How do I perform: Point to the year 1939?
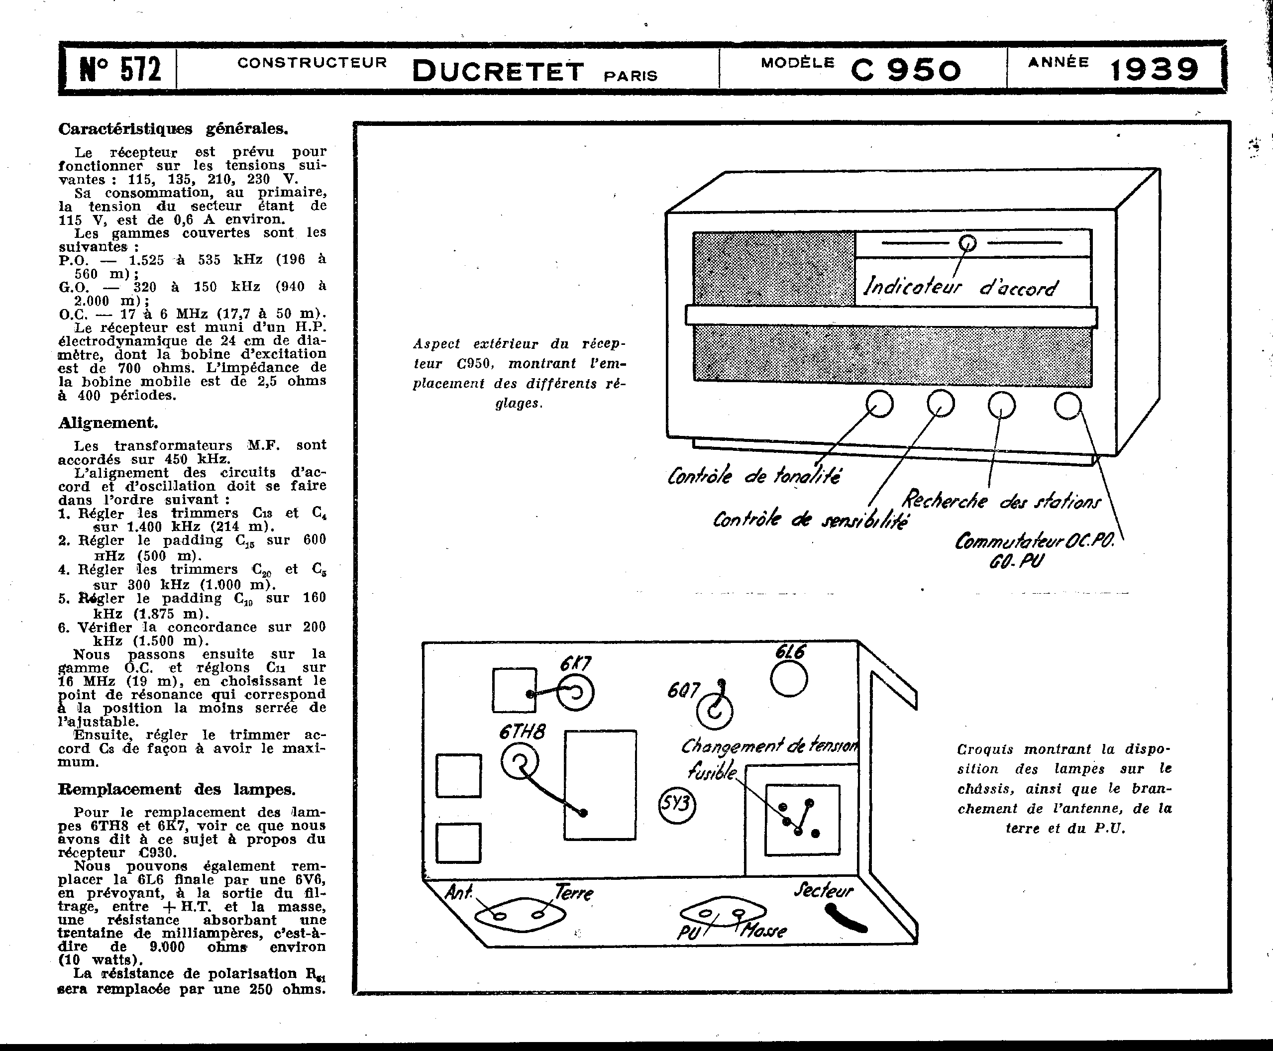pos(1154,70)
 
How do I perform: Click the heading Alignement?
pos(108,422)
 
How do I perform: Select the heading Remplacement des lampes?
pos(177,789)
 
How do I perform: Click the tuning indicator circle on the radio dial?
pos(967,243)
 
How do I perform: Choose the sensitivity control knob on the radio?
pos(941,403)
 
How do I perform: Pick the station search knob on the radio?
pos(1001,405)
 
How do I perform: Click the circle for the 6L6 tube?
pos(789,679)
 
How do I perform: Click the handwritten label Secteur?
pos(823,890)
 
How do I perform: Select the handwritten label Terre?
pos(574,892)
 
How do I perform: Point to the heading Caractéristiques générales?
pos(173,129)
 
